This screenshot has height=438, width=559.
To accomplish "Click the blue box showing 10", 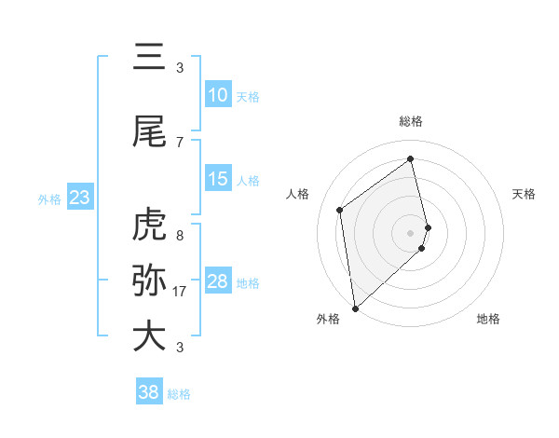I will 218,95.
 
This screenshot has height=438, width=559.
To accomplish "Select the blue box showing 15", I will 218,179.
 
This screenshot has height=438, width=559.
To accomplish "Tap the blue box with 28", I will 218,281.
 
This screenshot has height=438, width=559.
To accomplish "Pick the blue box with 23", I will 79,198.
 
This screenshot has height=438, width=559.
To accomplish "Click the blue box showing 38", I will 149,392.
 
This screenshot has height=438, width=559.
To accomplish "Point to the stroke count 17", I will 180,292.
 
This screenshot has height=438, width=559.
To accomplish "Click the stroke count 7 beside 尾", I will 180,142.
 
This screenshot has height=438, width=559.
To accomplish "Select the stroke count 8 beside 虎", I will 180,236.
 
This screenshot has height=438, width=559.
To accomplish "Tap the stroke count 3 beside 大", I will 180,348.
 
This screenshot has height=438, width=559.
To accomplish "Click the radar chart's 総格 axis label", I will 411,121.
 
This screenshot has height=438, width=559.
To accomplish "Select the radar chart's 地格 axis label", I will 488,319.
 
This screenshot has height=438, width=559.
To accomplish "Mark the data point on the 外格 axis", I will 355,308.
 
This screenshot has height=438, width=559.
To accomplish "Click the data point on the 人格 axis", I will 340,210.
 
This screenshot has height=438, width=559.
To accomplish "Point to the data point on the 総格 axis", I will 411,158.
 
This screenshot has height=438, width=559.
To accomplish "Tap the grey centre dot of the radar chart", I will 411,232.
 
